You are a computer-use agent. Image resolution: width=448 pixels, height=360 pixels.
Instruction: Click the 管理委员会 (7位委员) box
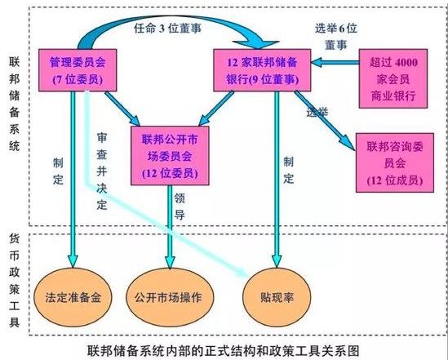pyautogui.click(x=78, y=70)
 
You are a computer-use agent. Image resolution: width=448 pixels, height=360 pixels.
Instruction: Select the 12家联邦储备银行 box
pyautogui.click(x=262, y=70)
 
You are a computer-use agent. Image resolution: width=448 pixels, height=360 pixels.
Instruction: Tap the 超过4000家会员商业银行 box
pyautogui.click(x=393, y=78)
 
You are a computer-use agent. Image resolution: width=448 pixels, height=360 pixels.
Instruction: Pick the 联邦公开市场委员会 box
pyautogui.click(x=170, y=156)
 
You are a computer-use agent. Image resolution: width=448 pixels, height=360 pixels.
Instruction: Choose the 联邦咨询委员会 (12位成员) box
pyautogui.click(x=395, y=162)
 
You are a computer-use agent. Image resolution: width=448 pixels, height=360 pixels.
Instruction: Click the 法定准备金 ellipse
pyautogui.click(x=73, y=297)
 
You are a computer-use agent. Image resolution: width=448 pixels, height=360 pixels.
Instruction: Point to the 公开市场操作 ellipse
pyautogui.click(x=170, y=297)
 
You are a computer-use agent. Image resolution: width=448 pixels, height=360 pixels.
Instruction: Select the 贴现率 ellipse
pyautogui.click(x=277, y=297)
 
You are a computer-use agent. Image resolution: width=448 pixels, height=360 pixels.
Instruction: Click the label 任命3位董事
pyautogui.click(x=168, y=29)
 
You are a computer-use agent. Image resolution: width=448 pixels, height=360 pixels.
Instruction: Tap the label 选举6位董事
pyautogui.click(x=336, y=37)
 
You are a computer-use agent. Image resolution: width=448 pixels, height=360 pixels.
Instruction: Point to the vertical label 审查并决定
pyautogui.click(x=102, y=171)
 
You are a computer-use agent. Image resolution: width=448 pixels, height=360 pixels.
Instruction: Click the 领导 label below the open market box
pyautogui.click(x=180, y=207)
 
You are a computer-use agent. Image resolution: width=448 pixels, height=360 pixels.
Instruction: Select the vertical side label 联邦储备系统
pyautogui.click(x=15, y=104)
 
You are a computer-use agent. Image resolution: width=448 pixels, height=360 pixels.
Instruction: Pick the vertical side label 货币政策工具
pyautogui.click(x=15, y=280)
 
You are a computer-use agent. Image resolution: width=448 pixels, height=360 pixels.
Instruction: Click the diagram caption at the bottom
pyautogui.click(x=223, y=350)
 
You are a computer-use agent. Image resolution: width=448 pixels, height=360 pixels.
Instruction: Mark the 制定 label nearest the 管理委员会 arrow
pyautogui.click(x=58, y=171)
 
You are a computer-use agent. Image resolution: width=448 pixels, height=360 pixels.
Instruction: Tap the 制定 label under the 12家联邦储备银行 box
pyautogui.click(x=289, y=171)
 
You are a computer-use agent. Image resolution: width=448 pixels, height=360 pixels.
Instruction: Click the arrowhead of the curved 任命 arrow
pyautogui.click(x=255, y=45)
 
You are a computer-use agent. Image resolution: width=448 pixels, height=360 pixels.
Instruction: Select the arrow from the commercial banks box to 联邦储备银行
pyautogui.click(x=335, y=62)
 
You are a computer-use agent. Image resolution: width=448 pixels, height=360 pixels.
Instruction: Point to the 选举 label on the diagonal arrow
pyautogui.click(x=317, y=112)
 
